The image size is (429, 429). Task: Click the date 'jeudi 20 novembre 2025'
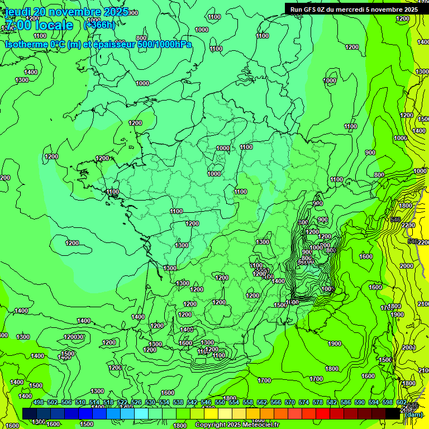66,12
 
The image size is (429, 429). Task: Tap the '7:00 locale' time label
39,25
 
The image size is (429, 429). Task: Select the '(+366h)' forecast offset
99,25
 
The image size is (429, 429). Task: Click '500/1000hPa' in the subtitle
164,44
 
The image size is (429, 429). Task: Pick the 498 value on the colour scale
39,403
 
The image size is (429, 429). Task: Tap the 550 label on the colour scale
220,403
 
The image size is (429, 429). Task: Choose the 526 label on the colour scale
136,403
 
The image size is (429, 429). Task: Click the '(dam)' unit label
413,414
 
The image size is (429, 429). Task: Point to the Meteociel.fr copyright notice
237,425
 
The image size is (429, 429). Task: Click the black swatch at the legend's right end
393,413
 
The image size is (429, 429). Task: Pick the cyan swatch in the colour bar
141,413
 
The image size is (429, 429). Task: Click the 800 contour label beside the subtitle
141,38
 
